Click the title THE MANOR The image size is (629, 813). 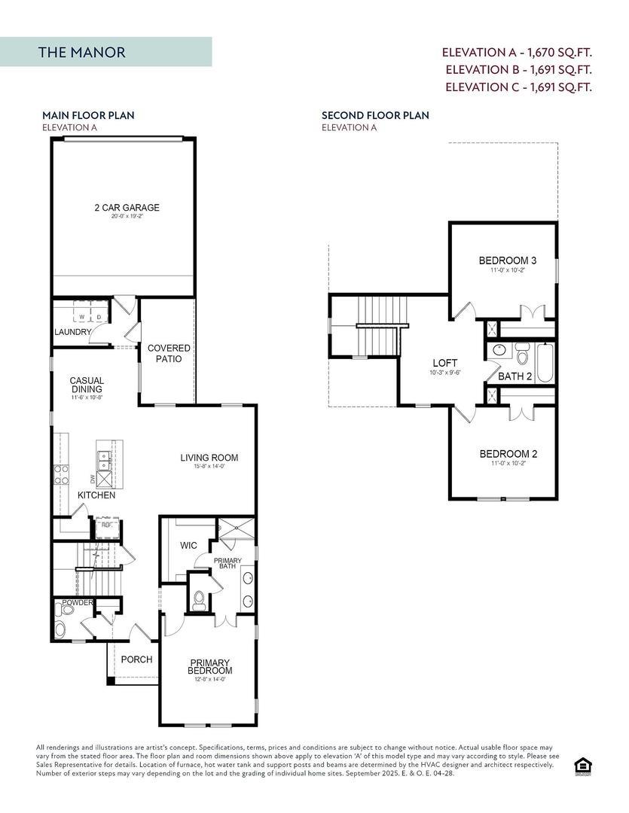pos(81,52)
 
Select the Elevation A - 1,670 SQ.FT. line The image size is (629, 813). pos(516,53)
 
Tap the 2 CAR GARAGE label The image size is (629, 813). pos(127,208)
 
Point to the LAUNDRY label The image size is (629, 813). pos(73,332)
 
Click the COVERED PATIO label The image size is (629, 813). pos(168,354)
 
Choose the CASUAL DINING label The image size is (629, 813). pos(87,385)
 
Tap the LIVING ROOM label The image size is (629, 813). pos(209,457)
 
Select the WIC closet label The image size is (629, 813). pos(188,545)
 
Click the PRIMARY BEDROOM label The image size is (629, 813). pos(211,666)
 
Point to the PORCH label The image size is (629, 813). pos(136,659)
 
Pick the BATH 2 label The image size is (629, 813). pos(514,376)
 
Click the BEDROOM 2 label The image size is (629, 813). pos(508,454)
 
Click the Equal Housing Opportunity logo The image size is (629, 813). pos(582,766)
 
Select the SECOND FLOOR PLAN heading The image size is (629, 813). pos(374,115)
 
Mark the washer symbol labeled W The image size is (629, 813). pos(82,317)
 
